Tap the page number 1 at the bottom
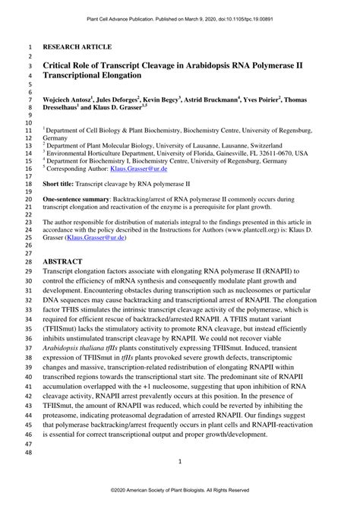click(x=180, y=461)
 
